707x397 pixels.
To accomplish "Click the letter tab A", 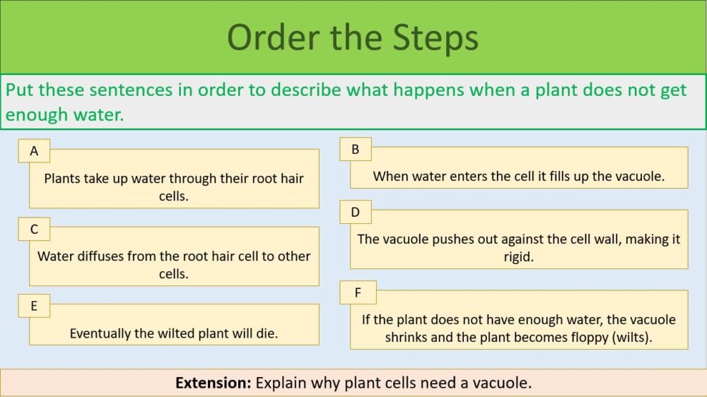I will (x=34, y=151).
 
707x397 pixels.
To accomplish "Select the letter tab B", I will (x=356, y=149).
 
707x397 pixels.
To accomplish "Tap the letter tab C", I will (x=34, y=229).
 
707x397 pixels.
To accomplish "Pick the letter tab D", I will (x=356, y=212).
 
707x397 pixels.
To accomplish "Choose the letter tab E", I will (x=34, y=307).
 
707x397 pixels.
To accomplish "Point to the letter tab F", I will (x=358, y=292).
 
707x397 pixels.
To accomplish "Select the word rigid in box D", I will (x=518, y=257).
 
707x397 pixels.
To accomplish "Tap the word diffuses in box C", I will (x=96, y=256).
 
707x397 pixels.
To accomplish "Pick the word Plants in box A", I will (x=62, y=178).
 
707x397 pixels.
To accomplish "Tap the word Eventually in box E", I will (x=100, y=333).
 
